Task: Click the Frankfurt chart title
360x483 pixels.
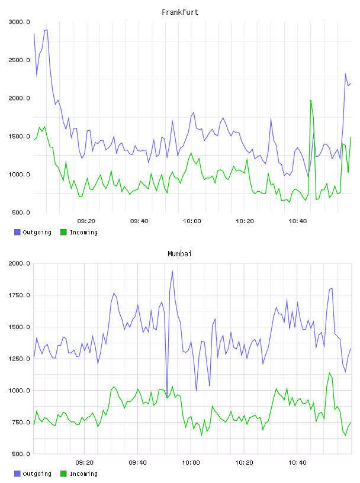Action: [180, 12]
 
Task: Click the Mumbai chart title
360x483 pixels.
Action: [179, 254]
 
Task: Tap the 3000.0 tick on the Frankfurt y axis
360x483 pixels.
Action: [19, 22]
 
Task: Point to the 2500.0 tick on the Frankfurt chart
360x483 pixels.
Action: [19, 60]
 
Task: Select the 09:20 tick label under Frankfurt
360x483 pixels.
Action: [86, 221]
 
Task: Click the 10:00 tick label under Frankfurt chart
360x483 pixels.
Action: [192, 221]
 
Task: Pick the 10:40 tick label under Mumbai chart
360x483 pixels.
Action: [297, 463]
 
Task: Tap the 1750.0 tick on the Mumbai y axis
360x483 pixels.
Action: [19, 295]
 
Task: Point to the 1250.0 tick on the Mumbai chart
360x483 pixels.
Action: [19, 359]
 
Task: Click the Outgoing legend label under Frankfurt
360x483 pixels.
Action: [37, 232]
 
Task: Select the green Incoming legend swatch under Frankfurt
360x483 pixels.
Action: [63, 232]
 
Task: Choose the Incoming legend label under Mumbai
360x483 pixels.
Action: [84, 474]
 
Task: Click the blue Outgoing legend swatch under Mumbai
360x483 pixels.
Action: [17, 474]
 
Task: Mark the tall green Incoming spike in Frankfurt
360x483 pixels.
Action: [311, 101]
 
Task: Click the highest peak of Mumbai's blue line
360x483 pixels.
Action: [172, 271]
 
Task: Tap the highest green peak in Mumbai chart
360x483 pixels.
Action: [329, 373]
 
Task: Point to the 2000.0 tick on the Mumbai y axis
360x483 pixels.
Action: [19, 263]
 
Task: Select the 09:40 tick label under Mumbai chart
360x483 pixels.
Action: [138, 463]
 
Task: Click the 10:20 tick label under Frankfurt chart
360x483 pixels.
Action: [245, 221]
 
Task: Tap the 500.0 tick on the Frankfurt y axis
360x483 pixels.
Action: [21, 212]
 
